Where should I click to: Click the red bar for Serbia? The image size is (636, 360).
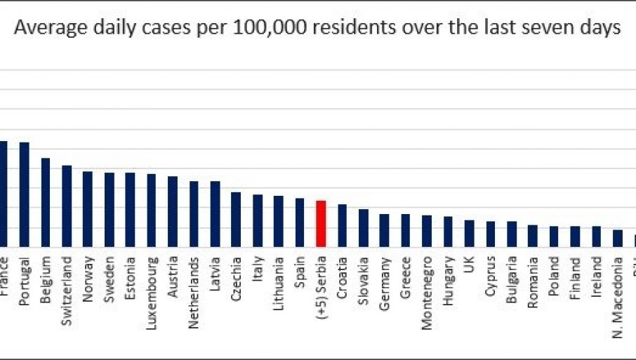pos(321,223)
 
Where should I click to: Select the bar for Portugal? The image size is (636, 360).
pos(25,194)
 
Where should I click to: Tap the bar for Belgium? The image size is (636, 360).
pos(46,202)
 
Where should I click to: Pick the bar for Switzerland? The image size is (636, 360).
pos(67,206)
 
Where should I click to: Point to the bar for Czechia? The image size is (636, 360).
pos(236,219)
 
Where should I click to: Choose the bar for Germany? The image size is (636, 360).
pos(384,229)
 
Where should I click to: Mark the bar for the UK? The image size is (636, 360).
pos(469,233)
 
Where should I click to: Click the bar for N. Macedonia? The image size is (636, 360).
pos(618,238)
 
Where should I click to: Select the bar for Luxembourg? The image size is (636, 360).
pos(151,210)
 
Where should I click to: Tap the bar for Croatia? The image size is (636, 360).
pos(342,225)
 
